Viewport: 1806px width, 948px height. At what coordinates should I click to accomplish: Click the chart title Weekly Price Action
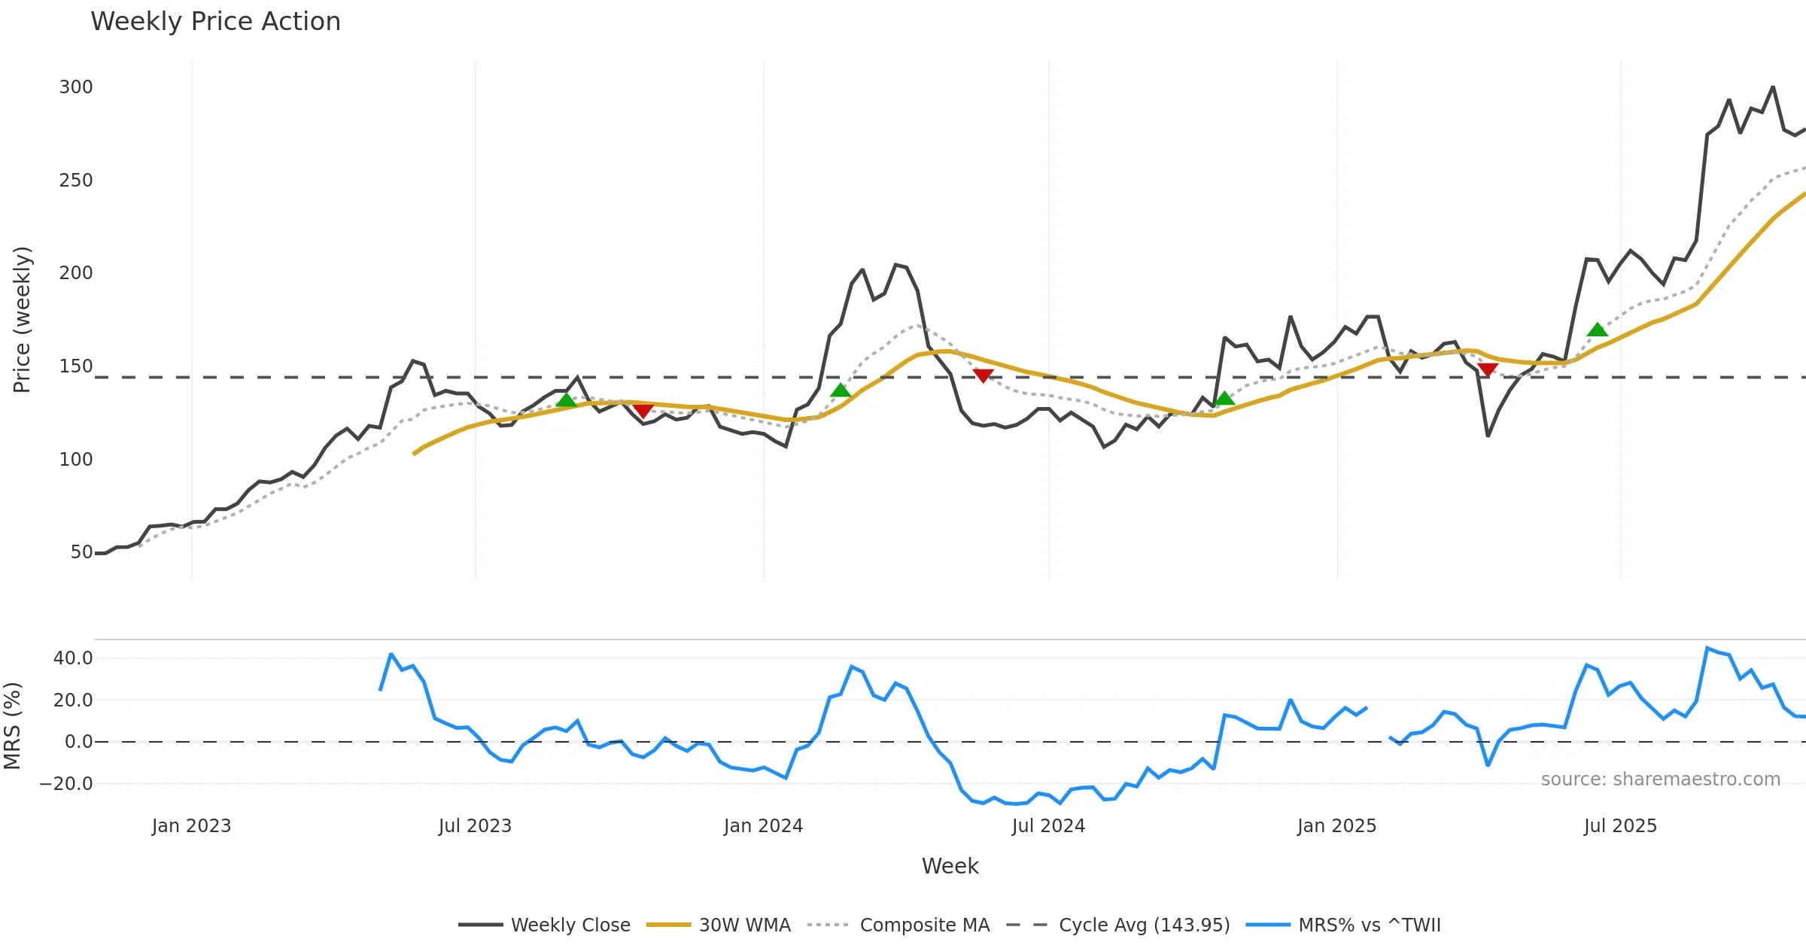(215, 22)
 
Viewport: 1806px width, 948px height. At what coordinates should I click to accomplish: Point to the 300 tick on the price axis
(76, 87)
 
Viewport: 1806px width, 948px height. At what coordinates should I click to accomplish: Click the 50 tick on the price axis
(81, 552)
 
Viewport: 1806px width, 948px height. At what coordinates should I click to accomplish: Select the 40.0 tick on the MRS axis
(73, 658)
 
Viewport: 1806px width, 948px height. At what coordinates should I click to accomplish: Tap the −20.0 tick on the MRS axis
(66, 784)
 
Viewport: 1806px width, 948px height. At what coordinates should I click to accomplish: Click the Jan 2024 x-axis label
(763, 826)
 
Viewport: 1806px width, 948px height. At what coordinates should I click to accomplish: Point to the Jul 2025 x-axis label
(1620, 826)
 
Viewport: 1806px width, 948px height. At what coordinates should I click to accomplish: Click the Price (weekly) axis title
(23, 320)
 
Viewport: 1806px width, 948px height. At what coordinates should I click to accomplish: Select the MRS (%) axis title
(13, 726)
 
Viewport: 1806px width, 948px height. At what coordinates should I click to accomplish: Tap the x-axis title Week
(950, 867)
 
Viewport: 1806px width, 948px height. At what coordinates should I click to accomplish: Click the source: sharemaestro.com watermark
(1660, 779)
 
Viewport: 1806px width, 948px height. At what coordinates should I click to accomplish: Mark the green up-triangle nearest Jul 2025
(1597, 330)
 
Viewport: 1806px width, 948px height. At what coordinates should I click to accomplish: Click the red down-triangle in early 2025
(1488, 369)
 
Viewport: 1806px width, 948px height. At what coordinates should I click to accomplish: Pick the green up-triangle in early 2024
(841, 390)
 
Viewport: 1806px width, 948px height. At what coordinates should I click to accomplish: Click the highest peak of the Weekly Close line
(1773, 87)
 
